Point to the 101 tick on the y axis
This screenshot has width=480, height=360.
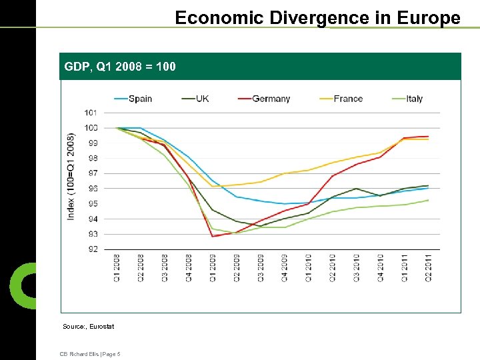91,113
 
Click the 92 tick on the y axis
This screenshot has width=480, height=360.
92,249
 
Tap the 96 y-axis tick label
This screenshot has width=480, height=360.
92,189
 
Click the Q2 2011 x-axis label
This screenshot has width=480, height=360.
428,268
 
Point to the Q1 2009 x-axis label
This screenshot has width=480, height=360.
213,268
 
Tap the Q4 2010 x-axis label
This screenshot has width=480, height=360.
380,268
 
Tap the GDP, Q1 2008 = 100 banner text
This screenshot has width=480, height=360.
120,67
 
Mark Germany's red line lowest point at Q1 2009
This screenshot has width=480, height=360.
213,236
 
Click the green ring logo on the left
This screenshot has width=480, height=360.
22,285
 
